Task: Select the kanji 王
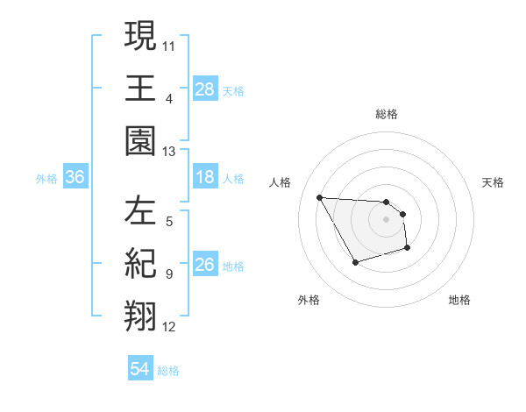pos(141,88)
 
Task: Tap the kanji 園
pos(141,140)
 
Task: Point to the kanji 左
pos(141,211)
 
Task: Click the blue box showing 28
pos(205,89)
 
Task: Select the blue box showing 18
pos(205,177)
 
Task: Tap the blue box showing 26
pos(205,265)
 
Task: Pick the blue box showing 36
pos(75,177)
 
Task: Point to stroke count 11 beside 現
pos(169,44)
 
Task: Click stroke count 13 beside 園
pos(169,152)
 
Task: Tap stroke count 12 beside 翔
pos(169,328)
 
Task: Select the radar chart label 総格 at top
pos(387,114)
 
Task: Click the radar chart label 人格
pos(281,182)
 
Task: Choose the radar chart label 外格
pos(309,300)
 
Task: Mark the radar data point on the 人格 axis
pos(319,197)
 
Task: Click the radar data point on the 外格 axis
pos(355,262)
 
